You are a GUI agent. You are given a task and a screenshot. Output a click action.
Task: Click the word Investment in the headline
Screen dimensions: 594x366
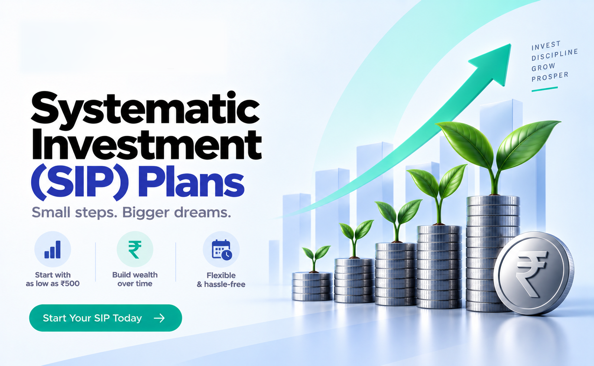[x=147, y=144]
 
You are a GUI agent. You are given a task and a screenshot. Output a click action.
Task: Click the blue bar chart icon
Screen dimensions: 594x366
[x=52, y=250]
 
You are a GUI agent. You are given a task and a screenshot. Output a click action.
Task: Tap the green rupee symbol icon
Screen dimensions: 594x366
[x=135, y=250]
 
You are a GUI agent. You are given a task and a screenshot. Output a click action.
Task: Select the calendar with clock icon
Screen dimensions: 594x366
[x=222, y=250]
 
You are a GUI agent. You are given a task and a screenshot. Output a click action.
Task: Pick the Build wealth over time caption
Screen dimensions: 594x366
[x=135, y=279]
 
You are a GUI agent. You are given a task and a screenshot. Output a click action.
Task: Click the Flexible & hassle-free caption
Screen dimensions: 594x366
[x=221, y=280]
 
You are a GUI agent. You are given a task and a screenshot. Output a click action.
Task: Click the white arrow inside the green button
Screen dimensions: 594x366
[x=159, y=318]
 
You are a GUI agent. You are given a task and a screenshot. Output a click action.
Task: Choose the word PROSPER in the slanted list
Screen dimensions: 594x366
[x=550, y=77]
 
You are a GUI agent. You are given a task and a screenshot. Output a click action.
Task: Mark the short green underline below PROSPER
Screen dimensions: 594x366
[x=545, y=89]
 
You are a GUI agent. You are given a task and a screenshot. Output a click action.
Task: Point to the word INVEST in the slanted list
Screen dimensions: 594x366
[x=546, y=45]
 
